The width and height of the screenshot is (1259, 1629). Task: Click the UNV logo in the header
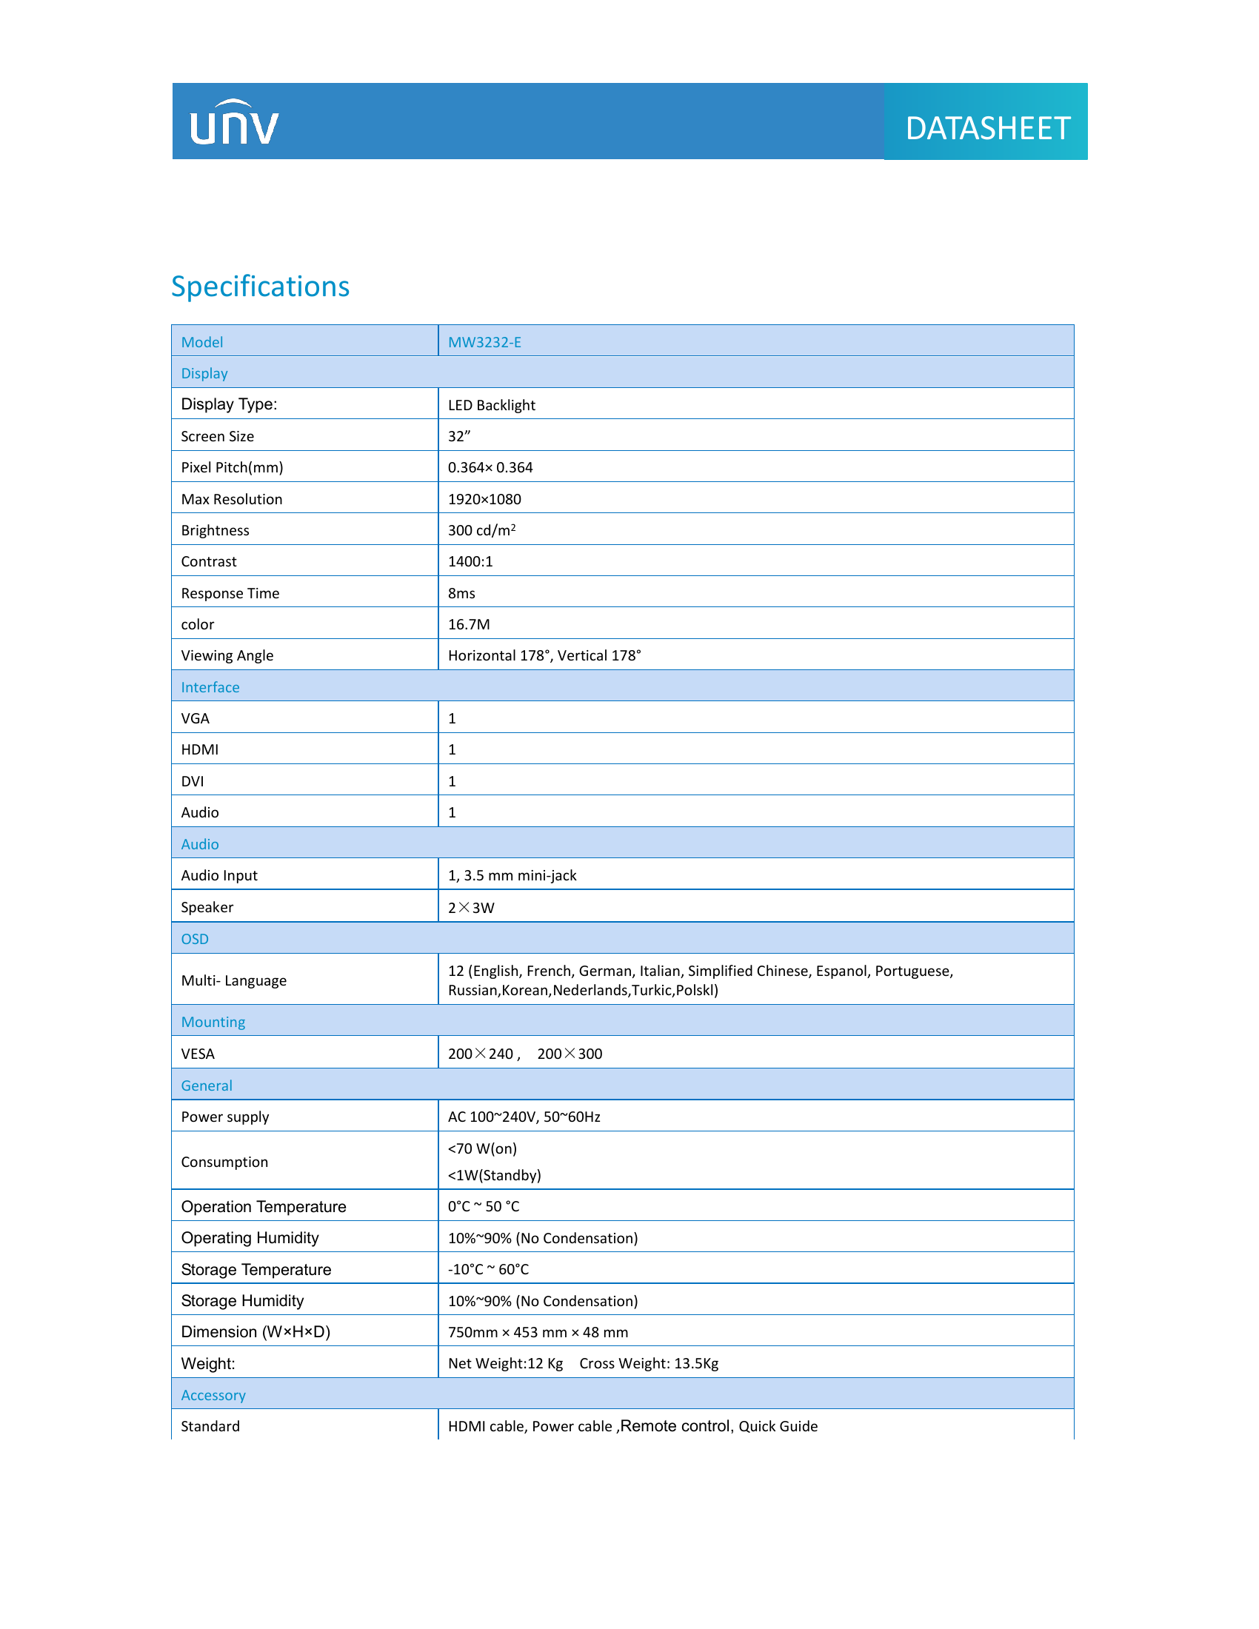[x=234, y=123]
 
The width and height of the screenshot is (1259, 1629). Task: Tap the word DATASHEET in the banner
[x=987, y=128]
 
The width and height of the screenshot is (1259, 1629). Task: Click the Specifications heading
[x=260, y=287]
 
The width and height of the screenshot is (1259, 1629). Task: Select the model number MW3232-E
[x=484, y=342]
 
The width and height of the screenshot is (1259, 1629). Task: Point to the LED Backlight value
[x=492, y=405]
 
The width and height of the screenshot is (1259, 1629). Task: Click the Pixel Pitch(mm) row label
[x=232, y=468]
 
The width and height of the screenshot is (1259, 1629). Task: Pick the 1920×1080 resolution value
[x=484, y=499]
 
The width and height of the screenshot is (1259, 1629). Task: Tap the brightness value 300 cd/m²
[x=481, y=530]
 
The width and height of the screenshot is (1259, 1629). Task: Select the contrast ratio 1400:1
[x=470, y=562]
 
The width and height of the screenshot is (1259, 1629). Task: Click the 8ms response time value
[x=461, y=593]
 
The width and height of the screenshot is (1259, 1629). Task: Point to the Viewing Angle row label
[x=227, y=655]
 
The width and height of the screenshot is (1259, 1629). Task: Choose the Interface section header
[x=210, y=687]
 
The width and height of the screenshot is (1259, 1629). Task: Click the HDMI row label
[x=200, y=749]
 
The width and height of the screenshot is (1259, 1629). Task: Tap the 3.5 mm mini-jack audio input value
[x=512, y=876]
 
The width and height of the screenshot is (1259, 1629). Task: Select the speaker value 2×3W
[x=470, y=908]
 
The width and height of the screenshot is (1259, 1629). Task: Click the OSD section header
[x=195, y=939]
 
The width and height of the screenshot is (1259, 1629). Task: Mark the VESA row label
[x=198, y=1054]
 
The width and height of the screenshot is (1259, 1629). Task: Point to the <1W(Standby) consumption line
[x=494, y=1176]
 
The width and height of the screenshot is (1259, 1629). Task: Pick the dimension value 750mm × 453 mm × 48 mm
[x=538, y=1332]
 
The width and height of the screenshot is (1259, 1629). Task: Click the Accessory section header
[x=213, y=1395]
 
